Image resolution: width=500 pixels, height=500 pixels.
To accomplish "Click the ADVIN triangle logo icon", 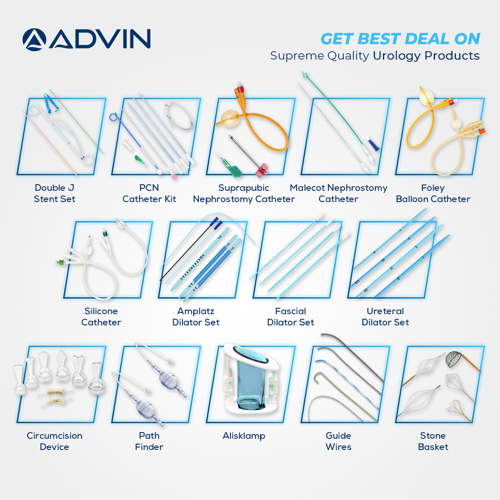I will pos(34,39).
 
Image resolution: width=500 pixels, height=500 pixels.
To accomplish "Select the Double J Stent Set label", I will pos(54,193).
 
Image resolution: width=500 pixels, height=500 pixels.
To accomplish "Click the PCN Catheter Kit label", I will pos(149,193).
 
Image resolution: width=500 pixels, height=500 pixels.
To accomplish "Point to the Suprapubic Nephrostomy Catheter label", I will pos(243,193).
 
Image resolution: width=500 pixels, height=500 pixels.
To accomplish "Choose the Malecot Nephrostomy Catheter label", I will pos(338,193).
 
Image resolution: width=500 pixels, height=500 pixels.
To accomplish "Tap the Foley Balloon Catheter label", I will pos(433,193).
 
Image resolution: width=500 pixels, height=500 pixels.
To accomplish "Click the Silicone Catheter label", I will pos(101,316).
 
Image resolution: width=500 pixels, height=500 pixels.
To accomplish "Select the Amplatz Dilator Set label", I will pos(196,316).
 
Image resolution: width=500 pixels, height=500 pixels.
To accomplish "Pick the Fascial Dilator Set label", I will pos(290,316).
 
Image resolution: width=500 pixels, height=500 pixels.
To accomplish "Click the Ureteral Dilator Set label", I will pos(385,316).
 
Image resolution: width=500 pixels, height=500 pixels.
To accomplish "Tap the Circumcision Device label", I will pos(54,441).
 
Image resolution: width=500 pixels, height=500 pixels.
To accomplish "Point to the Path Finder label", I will pos(149,441).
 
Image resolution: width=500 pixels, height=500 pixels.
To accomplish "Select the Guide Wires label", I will pos(338,441).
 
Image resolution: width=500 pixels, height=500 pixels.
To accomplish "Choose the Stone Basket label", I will pos(433,441).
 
